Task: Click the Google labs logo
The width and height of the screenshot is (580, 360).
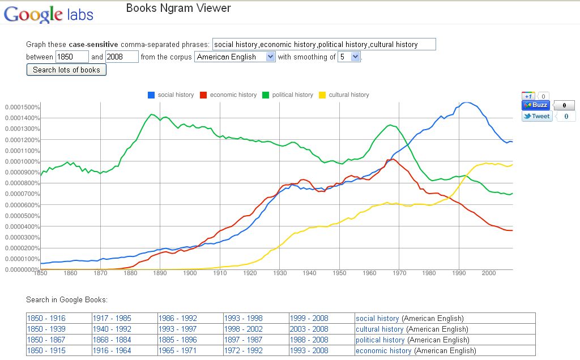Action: [x=48, y=14]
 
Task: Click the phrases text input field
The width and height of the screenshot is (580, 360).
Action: [x=324, y=44]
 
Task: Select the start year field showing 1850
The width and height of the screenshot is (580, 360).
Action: [x=72, y=57]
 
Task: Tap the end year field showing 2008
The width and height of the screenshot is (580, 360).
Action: [x=122, y=57]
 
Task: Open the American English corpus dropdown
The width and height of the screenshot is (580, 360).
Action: [x=234, y=57]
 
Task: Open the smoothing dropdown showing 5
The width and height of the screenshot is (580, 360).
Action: [x=349, y=57]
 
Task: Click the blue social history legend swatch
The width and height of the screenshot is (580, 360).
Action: [x=151, y=95]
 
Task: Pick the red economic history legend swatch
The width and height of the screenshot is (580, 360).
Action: [x=203, y=95]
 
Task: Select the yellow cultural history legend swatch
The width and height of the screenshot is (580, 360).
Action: [x=323, y=95]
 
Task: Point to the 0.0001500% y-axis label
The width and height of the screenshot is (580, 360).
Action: [x=22, y=107]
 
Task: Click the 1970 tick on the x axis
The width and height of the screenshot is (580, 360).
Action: [x=400, y=273]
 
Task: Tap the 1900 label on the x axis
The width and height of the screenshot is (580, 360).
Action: [x=190, y=273]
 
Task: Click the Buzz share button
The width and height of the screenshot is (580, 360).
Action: [x=535, y=105]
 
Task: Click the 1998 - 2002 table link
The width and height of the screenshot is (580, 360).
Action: [x=243, y=329]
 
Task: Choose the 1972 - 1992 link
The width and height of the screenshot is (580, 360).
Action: [x=243, y=350]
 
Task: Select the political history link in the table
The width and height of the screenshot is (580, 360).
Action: [x=380, y=340]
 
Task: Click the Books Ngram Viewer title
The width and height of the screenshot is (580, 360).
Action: [x=178, y=8]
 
